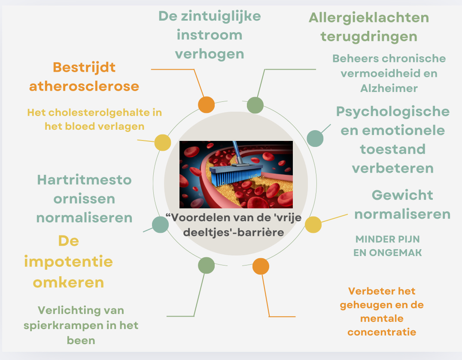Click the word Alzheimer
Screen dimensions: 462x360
(x=389, y=88)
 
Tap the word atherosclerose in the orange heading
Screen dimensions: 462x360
(x=84, y=86)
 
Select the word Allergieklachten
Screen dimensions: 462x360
(x=369, y=18)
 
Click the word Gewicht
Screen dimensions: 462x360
(x=402, y=195)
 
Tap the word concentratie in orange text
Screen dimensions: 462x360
(x=382, y=332)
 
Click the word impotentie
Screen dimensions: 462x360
(x=68, y=262)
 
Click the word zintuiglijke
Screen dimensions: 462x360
(x=221, y=16)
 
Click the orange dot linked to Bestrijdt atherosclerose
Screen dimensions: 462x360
(x=206, y=105)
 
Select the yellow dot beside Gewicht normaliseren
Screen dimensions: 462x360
(x=313, y=225)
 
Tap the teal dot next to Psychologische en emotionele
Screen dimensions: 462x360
(x=315, y=138)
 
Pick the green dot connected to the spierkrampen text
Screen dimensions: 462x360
(x=206, y=265)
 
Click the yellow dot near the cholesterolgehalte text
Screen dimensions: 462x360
(x=163, y=142)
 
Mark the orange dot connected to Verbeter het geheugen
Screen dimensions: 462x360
(x=261, y=266)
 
